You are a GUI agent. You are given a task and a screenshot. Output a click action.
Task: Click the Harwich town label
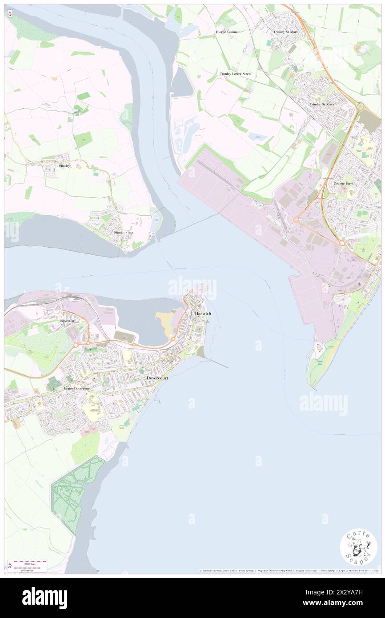202,313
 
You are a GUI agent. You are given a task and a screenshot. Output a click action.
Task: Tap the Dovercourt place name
157,377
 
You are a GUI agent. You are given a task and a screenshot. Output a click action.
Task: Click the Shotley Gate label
123,233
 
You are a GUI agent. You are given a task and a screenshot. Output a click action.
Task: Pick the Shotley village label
64,165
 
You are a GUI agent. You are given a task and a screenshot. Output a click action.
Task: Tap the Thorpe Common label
228,32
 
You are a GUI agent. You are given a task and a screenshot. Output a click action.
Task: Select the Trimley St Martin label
287,32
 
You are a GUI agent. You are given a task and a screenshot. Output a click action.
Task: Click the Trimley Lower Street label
236,73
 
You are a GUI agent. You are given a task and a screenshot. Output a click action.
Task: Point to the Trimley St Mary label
322,104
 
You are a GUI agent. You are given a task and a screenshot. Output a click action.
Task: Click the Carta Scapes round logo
358,547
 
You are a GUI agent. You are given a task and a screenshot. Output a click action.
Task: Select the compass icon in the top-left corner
10,14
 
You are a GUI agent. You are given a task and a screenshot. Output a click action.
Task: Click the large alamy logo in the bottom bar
44,598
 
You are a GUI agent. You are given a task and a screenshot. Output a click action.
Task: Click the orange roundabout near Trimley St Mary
360,106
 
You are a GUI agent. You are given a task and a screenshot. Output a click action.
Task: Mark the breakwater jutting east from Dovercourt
218,363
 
